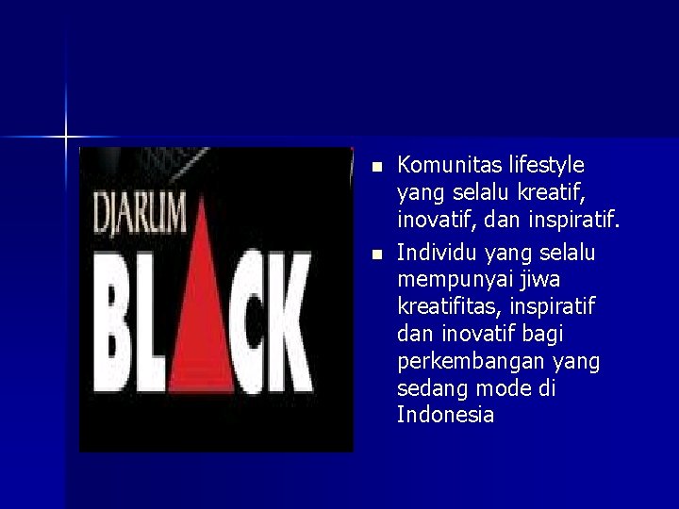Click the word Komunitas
(446, 167)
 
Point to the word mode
(503, 389)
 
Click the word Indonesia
(446, 416)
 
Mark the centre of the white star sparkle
(66, 138)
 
